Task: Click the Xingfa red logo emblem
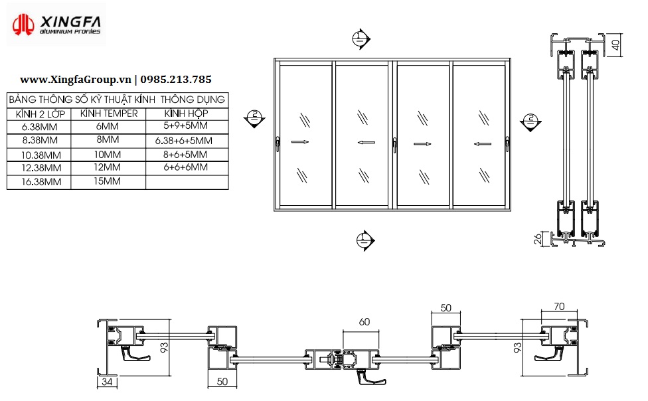[x=23, y=25]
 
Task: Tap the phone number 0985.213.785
[x=176, y=80]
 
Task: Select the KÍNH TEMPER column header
[x=109, y=114]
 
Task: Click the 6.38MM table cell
[x=40, y=127]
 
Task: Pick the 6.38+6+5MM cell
[x=183, y=141]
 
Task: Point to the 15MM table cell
[x=107, y=181]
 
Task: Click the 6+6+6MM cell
[x=185, y=167]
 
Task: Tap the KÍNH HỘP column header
[x=186, y=114]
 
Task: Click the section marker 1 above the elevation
[x=361, y=39]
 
